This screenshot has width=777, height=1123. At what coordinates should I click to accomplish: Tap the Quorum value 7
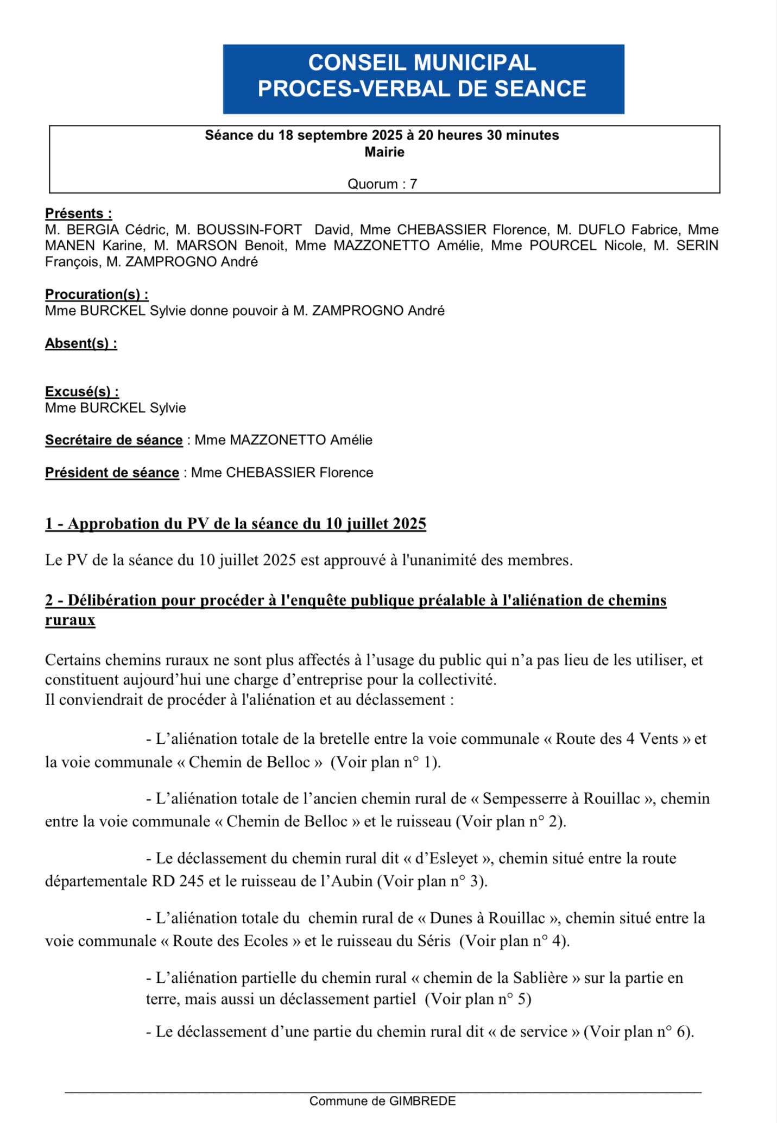pyautogui.click(x=414, y=184)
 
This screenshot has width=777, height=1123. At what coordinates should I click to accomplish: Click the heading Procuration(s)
pyautogui.click(x=96, y=294)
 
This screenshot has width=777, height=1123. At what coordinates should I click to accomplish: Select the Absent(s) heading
pyautogui.click(x=81, y=343)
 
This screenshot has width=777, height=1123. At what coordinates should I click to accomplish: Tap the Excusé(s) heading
pyautogui.click(x=82, y=392)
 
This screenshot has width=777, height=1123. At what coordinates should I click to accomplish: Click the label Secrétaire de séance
pyautogui.click(x=113, y=440)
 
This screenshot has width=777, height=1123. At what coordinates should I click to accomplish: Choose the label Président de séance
pyautogui.click(x=112, y=473)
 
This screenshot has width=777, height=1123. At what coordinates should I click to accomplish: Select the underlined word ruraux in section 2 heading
pyautogui.click(x=70, y=620)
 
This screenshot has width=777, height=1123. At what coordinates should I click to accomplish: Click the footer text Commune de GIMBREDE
pyautogui.click(x=382, y=1101)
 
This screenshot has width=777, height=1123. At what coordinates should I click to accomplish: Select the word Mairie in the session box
pyautogui.click(x=384, y=152)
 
